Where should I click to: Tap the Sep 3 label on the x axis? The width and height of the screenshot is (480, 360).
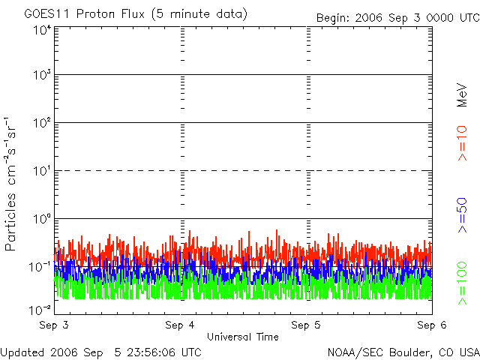(54, 325)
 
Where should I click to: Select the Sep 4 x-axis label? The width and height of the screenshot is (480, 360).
(180, 325)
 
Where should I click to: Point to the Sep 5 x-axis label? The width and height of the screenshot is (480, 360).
(306, 325)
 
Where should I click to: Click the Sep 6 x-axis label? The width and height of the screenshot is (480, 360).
(432, 325)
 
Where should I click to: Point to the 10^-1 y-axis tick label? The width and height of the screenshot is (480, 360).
(40, 267)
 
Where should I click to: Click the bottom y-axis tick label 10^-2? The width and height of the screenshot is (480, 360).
(40, 310)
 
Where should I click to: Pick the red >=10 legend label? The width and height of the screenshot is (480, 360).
(462, 143)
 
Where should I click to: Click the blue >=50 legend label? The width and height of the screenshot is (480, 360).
(462, 215)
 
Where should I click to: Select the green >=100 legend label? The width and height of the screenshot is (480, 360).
(462, 283)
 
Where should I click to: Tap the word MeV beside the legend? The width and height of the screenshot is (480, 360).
(462, 95)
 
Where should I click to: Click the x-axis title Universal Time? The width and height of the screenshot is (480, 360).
(243, 337)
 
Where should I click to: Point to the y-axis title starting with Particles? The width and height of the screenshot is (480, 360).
(10, 184)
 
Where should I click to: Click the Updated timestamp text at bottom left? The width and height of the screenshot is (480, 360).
(101, 352)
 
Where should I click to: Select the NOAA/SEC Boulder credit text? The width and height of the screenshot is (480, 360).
(403, 352)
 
